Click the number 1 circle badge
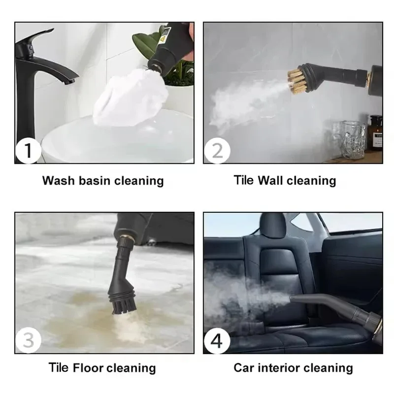tap(28, 151)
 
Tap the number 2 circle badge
tap(217, 151)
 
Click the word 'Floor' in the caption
tap(92, 367)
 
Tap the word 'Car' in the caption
tap(244, 367)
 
